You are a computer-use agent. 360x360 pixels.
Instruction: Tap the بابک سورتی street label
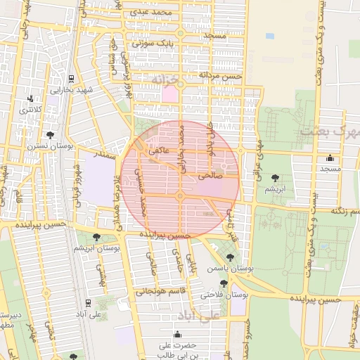click(x=152, y=44)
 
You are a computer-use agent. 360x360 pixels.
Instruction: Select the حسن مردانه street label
click(x=220, y=75)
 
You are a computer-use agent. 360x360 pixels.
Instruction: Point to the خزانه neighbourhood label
click(x=167, y=81)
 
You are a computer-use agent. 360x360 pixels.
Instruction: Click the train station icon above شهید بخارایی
click(x=72, y=79)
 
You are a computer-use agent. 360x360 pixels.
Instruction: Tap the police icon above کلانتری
click(x=30, y=99)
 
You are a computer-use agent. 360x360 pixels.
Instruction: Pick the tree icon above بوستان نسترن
click(x=50, y=134)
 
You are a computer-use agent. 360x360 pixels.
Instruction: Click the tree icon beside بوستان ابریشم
click(x=96, y=238)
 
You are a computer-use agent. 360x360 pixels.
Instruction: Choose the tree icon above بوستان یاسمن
click(x=230, y=257)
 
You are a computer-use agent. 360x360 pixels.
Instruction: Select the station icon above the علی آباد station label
click(x=87, y=303)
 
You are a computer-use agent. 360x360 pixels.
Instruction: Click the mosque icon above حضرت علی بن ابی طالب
click(x=177, y=334)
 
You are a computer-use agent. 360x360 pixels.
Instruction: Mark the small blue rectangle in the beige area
click(x=270, y=35)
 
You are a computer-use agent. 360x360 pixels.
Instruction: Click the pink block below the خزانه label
click(x=170, y=94)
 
